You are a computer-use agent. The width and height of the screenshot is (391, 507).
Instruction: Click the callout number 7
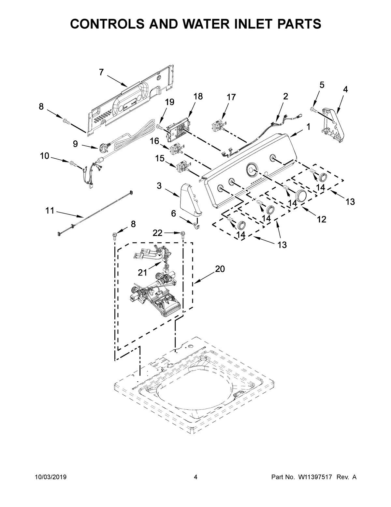click(101, 72)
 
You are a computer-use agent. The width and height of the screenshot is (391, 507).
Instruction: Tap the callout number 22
click(157, 232)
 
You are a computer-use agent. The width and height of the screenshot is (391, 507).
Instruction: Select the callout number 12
click(321, 219)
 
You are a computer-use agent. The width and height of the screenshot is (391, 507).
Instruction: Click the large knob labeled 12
click(301, 196)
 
